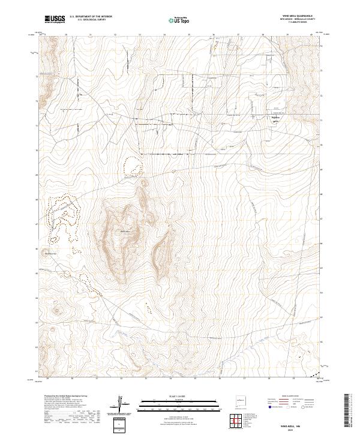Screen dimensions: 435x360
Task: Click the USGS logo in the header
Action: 55,19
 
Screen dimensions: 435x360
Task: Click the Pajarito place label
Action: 274,118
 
